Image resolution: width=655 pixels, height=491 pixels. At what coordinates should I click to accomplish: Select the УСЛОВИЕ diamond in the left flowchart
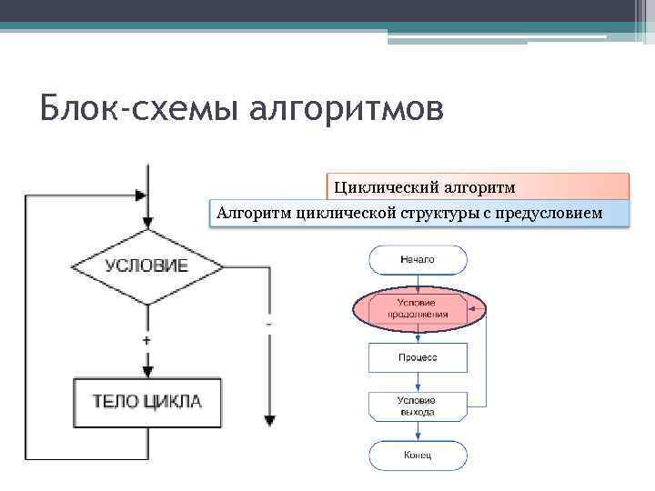(x=146, y=266)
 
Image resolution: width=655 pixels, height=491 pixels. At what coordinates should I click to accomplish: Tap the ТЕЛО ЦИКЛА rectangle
(x=146, y=401)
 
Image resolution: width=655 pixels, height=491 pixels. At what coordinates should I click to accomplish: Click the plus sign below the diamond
(x=146, y=339)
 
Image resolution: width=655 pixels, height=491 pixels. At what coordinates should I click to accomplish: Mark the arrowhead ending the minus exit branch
(x=269, y=421)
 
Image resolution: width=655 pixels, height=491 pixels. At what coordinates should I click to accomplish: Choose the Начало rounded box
(x=418, y=260)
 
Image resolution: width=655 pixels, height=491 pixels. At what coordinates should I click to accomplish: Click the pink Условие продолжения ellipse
(x=418, y=308)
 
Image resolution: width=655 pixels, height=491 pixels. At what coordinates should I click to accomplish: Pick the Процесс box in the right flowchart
(x=418, y=357)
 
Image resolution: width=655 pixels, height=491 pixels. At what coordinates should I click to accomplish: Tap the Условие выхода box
(x=418, y=406)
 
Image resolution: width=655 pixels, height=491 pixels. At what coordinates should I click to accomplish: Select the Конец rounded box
(x=418, y=454)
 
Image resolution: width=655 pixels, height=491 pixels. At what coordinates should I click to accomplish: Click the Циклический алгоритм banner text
(x=425, y=187)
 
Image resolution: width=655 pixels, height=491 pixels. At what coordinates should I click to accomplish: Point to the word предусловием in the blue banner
(x=549, y=213)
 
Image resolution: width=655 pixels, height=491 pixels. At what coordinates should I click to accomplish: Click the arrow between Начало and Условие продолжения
(x=418, y=282)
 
